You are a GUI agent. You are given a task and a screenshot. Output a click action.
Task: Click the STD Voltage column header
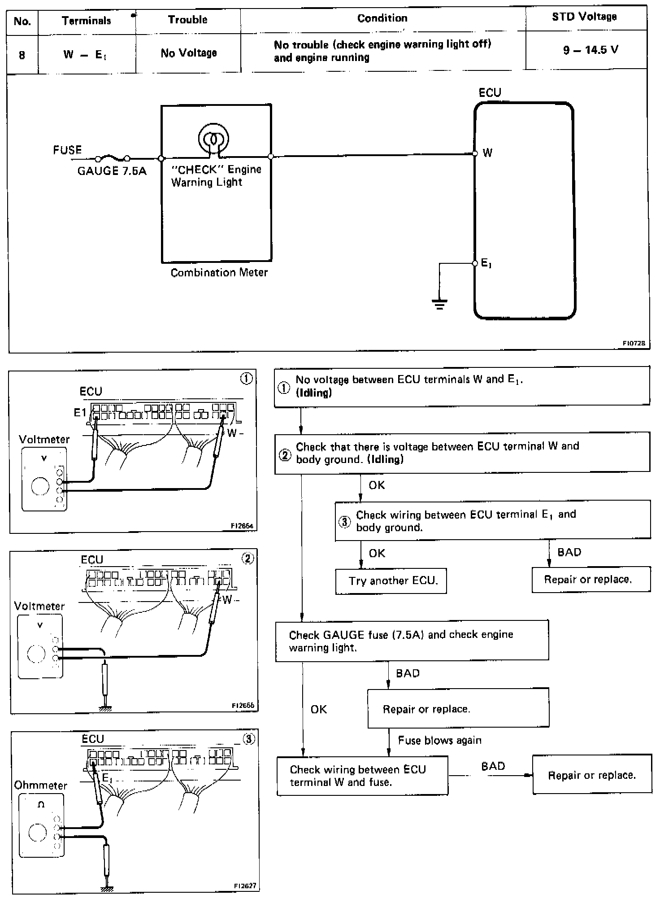pyautogui.click(x=584, y=17)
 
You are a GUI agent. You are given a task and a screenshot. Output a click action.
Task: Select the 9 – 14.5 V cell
pyautogui.click(x=591, y=50)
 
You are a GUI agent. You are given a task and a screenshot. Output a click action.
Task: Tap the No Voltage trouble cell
pyautogui.click(x=188, y=53)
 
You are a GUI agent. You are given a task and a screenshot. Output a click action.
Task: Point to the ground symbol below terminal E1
pyautogui.click(x=439, y=305)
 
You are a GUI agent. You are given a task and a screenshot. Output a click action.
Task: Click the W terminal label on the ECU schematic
pyautogui.click(x=487, y=153)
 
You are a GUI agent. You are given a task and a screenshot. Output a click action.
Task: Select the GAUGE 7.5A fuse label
pyautogui.click(x=112, y=171)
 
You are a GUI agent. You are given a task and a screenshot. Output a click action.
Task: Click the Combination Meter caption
pyautogui.click(x=219, y=273)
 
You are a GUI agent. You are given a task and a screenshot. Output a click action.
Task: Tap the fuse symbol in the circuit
pyautogui.click(x=112, y=158)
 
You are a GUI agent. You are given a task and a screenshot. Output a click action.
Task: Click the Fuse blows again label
pyautogui.click(x=439, y=740)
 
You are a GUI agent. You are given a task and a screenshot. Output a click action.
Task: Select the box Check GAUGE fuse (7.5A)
pyautogui.click(x=412, y=641)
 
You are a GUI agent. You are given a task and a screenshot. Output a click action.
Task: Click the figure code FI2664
pyautogui.click(x=243, y=526)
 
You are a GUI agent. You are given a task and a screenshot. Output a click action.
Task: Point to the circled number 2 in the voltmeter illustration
pyautogui.click(x=247, y=558)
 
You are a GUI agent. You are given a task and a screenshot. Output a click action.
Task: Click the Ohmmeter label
pyautogui.click(x=40, y=786)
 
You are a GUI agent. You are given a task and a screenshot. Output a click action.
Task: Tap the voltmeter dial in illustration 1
pyautogui.click(x=40, y=486)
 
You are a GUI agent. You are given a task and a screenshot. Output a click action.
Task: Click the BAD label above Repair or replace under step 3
pyautogui.click(x=569, y=552)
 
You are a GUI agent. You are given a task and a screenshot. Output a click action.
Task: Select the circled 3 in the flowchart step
pyautogui.click(x=344, y=522)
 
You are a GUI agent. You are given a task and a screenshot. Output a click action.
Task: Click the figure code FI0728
pyautogui.click(x=634, y=343)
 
